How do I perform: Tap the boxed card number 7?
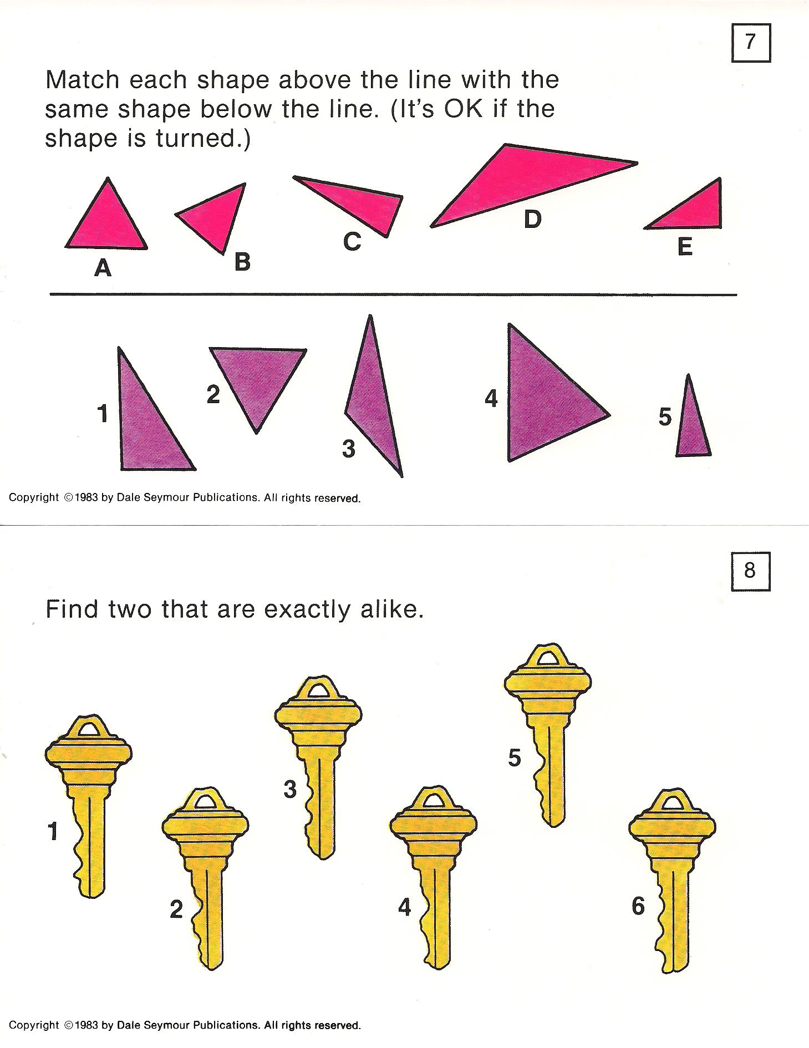[x=751, y=42]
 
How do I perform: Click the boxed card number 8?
[x=750, y=571]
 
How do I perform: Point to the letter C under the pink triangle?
[x=352, y=241]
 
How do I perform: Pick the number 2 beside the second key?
[x=176, y=909]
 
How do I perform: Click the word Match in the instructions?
[x=83, y=80]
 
